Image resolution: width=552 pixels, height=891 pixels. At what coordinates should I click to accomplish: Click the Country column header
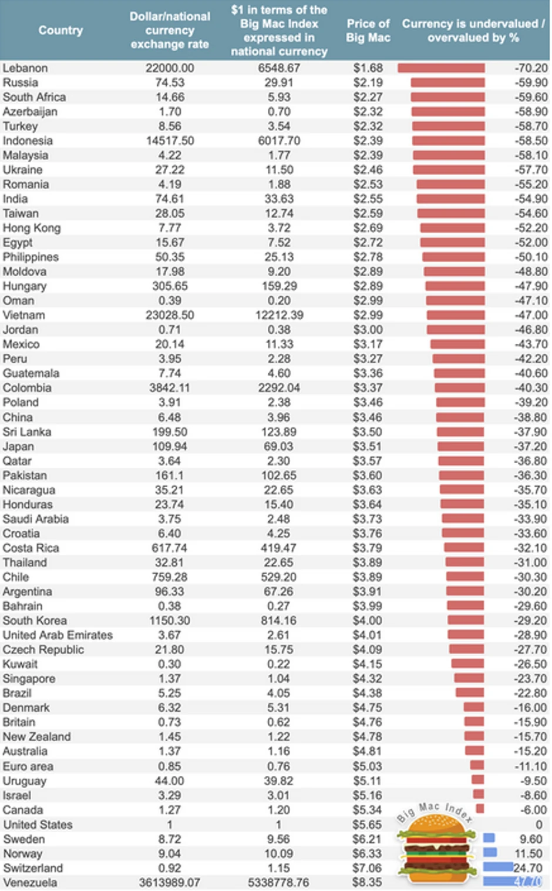coord(60,31)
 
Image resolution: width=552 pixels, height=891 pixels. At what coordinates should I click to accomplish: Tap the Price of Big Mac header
coord(368,31)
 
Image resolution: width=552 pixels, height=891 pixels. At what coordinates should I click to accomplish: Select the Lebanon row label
coord(25,68)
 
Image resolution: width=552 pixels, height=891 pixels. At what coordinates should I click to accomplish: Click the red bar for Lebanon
coord(441,68)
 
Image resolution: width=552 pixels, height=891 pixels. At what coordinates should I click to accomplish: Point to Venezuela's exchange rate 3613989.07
coord(170,882)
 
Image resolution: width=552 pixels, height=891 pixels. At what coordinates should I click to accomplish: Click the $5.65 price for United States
coord(367,825)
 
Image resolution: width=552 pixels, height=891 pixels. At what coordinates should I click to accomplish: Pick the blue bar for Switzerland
coord(498,867)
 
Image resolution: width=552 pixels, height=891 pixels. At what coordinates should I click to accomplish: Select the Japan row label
coord(18,446)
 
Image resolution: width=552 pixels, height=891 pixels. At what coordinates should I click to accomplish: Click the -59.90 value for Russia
coord(531,83)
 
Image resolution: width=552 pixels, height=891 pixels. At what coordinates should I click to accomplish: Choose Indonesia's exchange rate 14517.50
coord(170,141)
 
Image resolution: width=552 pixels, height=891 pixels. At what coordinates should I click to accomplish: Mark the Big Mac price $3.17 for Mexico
coord(368,344)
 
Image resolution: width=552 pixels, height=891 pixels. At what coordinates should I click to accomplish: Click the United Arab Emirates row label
coord(58,635)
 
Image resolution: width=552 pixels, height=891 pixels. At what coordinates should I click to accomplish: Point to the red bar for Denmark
coord(474,707)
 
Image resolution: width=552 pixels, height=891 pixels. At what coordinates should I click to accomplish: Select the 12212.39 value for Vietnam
coord(279,315)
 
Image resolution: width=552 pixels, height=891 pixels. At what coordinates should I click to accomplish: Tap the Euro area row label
coord(28,766)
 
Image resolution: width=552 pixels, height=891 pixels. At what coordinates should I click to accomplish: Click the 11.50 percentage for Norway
coord(531,853)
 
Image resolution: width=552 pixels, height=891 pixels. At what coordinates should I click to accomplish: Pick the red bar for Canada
coord(480,809)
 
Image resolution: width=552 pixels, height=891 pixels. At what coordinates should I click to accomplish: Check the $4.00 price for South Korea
coord(367,621)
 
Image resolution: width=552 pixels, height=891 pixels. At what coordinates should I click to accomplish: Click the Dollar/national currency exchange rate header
coord(170,31)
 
